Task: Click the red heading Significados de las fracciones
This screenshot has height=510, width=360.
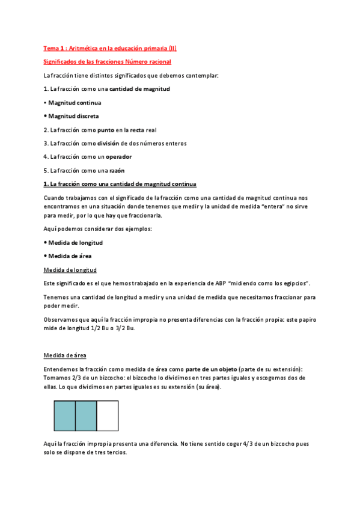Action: click(x=108, y=61)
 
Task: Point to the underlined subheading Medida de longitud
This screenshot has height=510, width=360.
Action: click(x=70, y=269)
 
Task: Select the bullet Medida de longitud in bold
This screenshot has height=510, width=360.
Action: click(x=76, y=242)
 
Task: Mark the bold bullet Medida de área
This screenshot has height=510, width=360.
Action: click(x=70, y=256)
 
